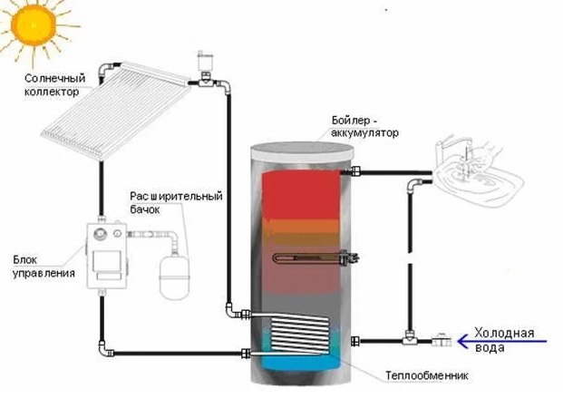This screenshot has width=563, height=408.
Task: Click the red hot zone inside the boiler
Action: (x=298, y=194)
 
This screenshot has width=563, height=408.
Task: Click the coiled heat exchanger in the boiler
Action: (x=299, y=330)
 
